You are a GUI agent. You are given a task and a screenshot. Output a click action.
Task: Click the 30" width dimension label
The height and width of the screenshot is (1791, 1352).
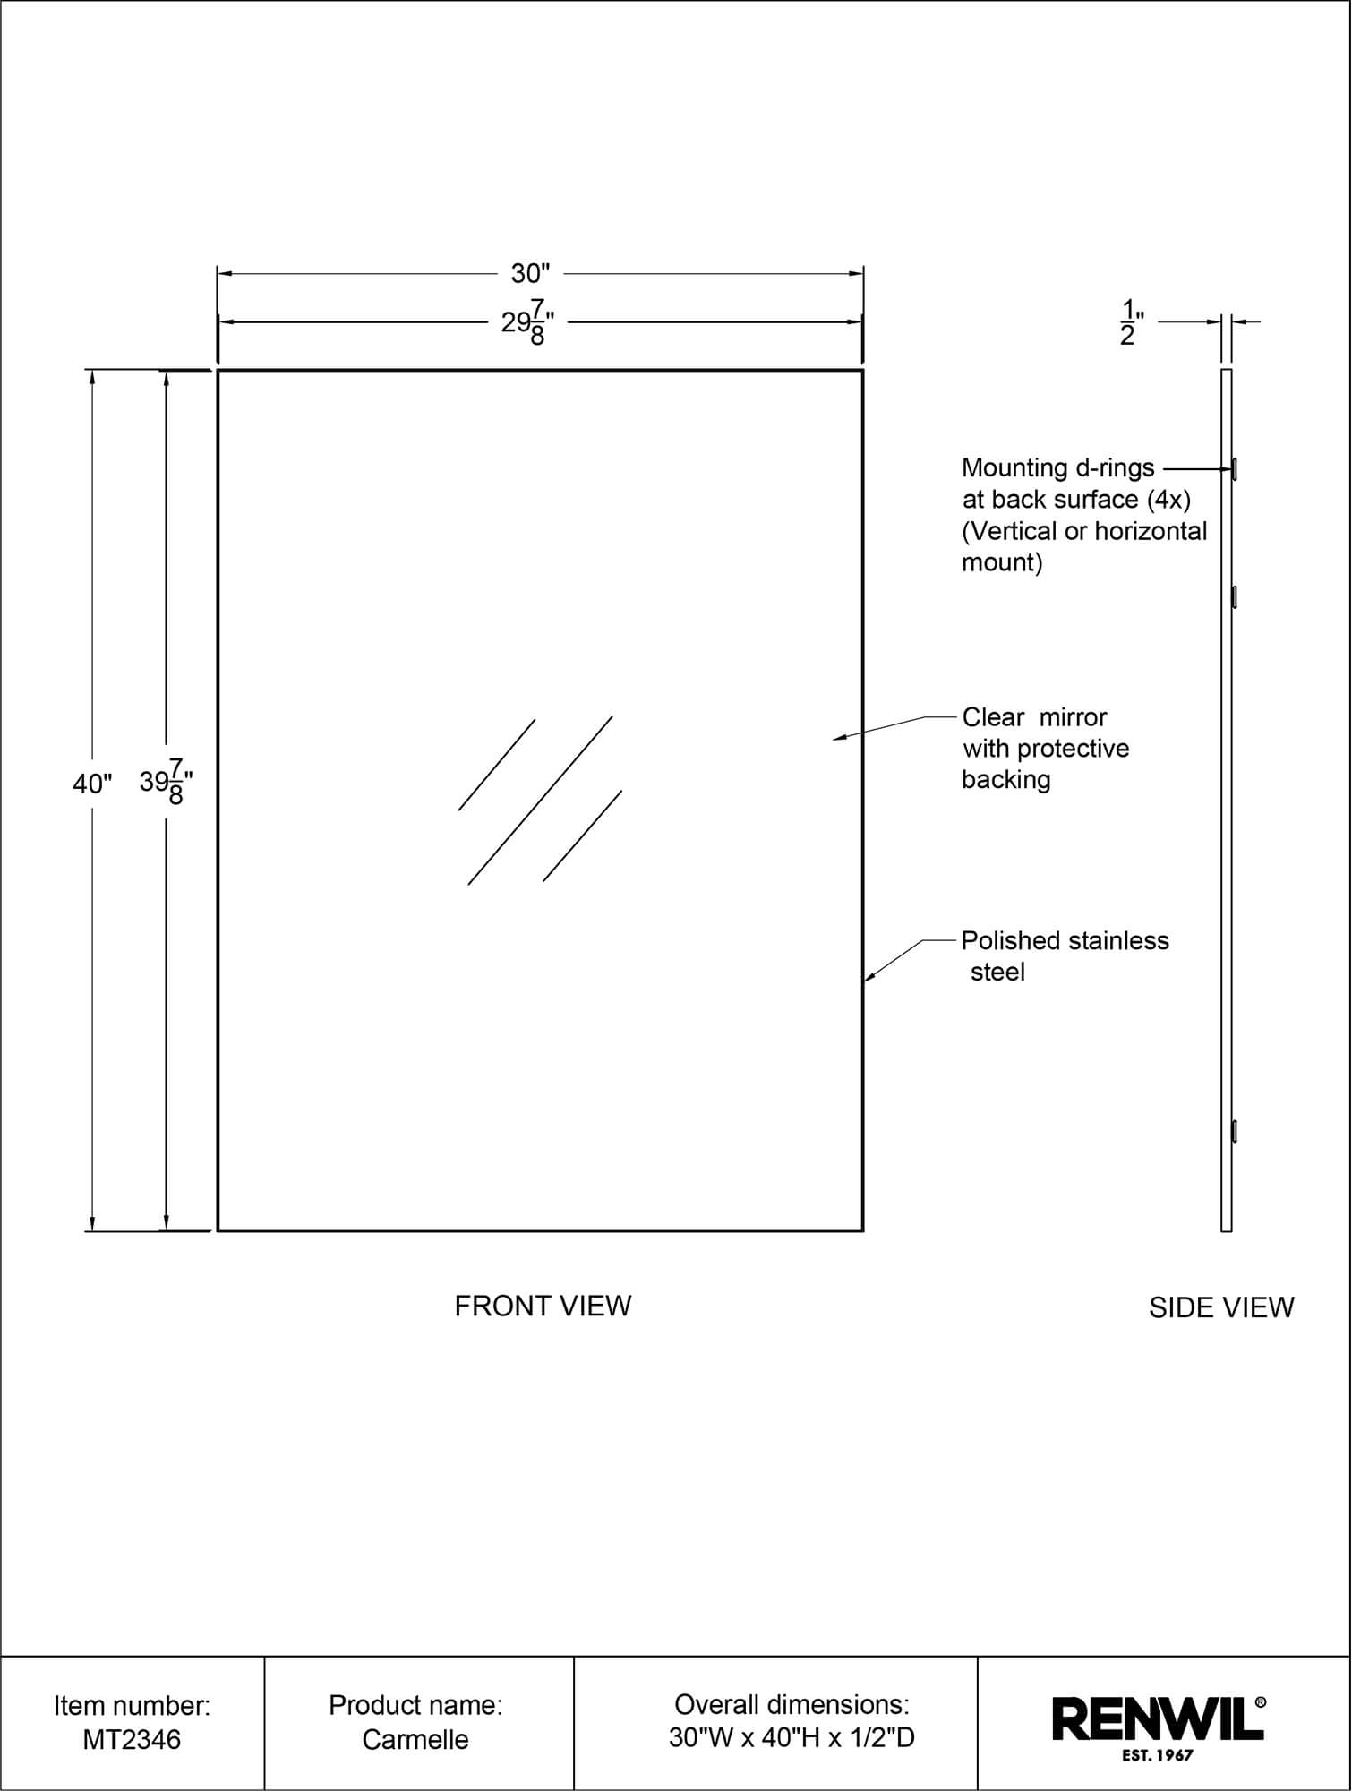[530, 273]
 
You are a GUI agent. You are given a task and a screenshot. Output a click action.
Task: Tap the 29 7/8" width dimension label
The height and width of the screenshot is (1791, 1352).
[528, 322]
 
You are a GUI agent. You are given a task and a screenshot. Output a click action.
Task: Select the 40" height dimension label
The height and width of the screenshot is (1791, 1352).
[92, 784]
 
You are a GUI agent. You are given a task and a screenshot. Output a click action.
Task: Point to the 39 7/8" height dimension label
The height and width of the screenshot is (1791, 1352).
[167, 782]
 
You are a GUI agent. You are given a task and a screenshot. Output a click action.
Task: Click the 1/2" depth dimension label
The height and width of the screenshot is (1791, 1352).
[1132, 323]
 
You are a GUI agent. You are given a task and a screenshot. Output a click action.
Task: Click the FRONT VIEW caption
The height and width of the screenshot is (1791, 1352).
[543, 1306]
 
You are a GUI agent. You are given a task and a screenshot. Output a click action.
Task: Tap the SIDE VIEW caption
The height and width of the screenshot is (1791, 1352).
[1221, 1307]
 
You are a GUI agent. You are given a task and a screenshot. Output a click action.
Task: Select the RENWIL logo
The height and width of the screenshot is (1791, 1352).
[1159, 1718]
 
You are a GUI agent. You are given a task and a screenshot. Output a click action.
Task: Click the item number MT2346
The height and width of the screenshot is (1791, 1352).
[132, 1739]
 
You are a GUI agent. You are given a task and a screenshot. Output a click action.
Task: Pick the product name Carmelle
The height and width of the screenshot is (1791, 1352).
[415, 1739]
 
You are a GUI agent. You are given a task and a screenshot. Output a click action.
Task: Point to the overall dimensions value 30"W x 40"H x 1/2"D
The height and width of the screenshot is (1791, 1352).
[792, 1738]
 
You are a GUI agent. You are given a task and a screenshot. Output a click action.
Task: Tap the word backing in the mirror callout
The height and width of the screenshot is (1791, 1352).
[1006, 780]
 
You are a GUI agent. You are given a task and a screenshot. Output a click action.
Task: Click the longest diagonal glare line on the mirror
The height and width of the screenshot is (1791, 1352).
[540, 801]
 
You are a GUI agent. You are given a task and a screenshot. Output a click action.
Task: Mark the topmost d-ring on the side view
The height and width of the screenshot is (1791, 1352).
[1235, 468]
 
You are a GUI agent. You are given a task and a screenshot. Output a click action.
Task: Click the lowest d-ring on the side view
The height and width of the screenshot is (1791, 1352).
[1235, 1131]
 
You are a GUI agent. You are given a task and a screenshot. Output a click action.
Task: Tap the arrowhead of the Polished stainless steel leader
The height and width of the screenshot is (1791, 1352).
[868, 979]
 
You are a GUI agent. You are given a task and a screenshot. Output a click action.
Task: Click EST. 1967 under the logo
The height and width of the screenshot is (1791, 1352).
[1158, 1755]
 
